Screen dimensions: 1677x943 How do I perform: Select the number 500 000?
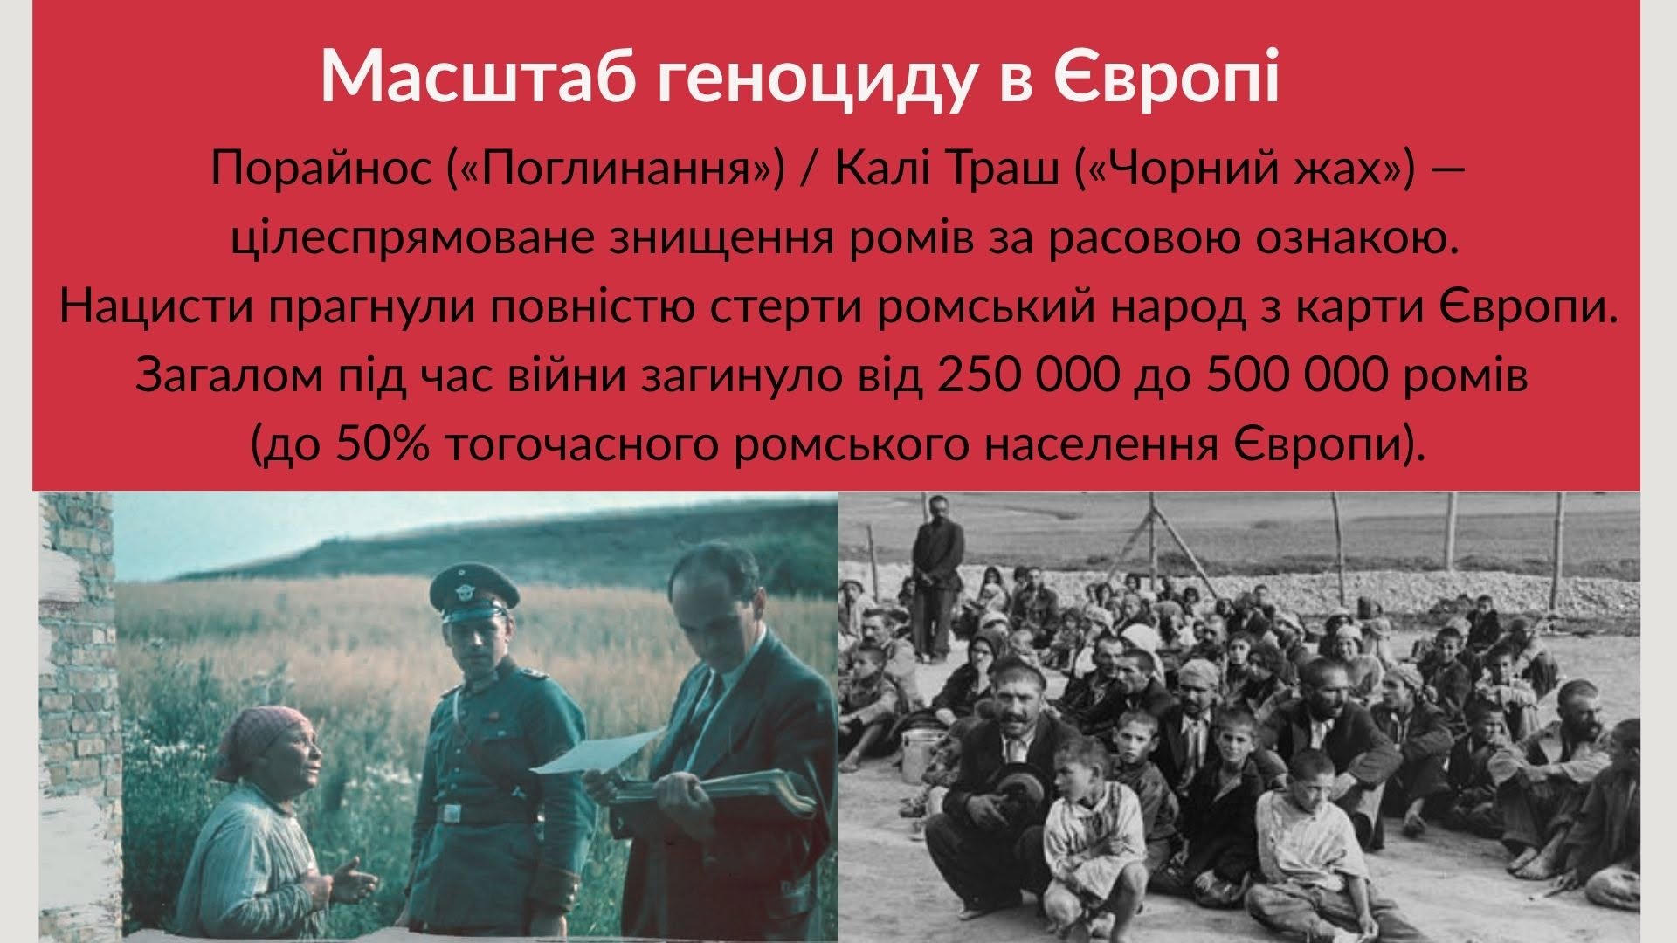click(x=1310, y=376)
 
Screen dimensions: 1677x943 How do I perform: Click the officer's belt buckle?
click(x=452, y=814)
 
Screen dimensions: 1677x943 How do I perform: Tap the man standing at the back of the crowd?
click(x=934, y=578)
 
